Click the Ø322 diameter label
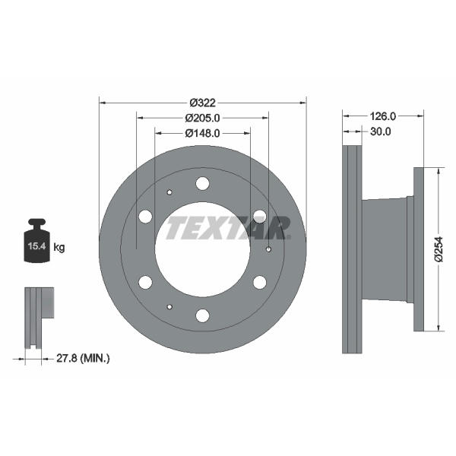[203, 103]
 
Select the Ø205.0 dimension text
[203, 118]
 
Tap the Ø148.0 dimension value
[203, 133]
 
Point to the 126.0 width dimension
[383, 116]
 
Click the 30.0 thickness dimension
[381, 131]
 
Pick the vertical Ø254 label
[439, 249]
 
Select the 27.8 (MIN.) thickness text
[83, 358]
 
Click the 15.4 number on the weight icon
[36, 246]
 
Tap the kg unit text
[59, 248]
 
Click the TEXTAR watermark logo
[228, 228]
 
